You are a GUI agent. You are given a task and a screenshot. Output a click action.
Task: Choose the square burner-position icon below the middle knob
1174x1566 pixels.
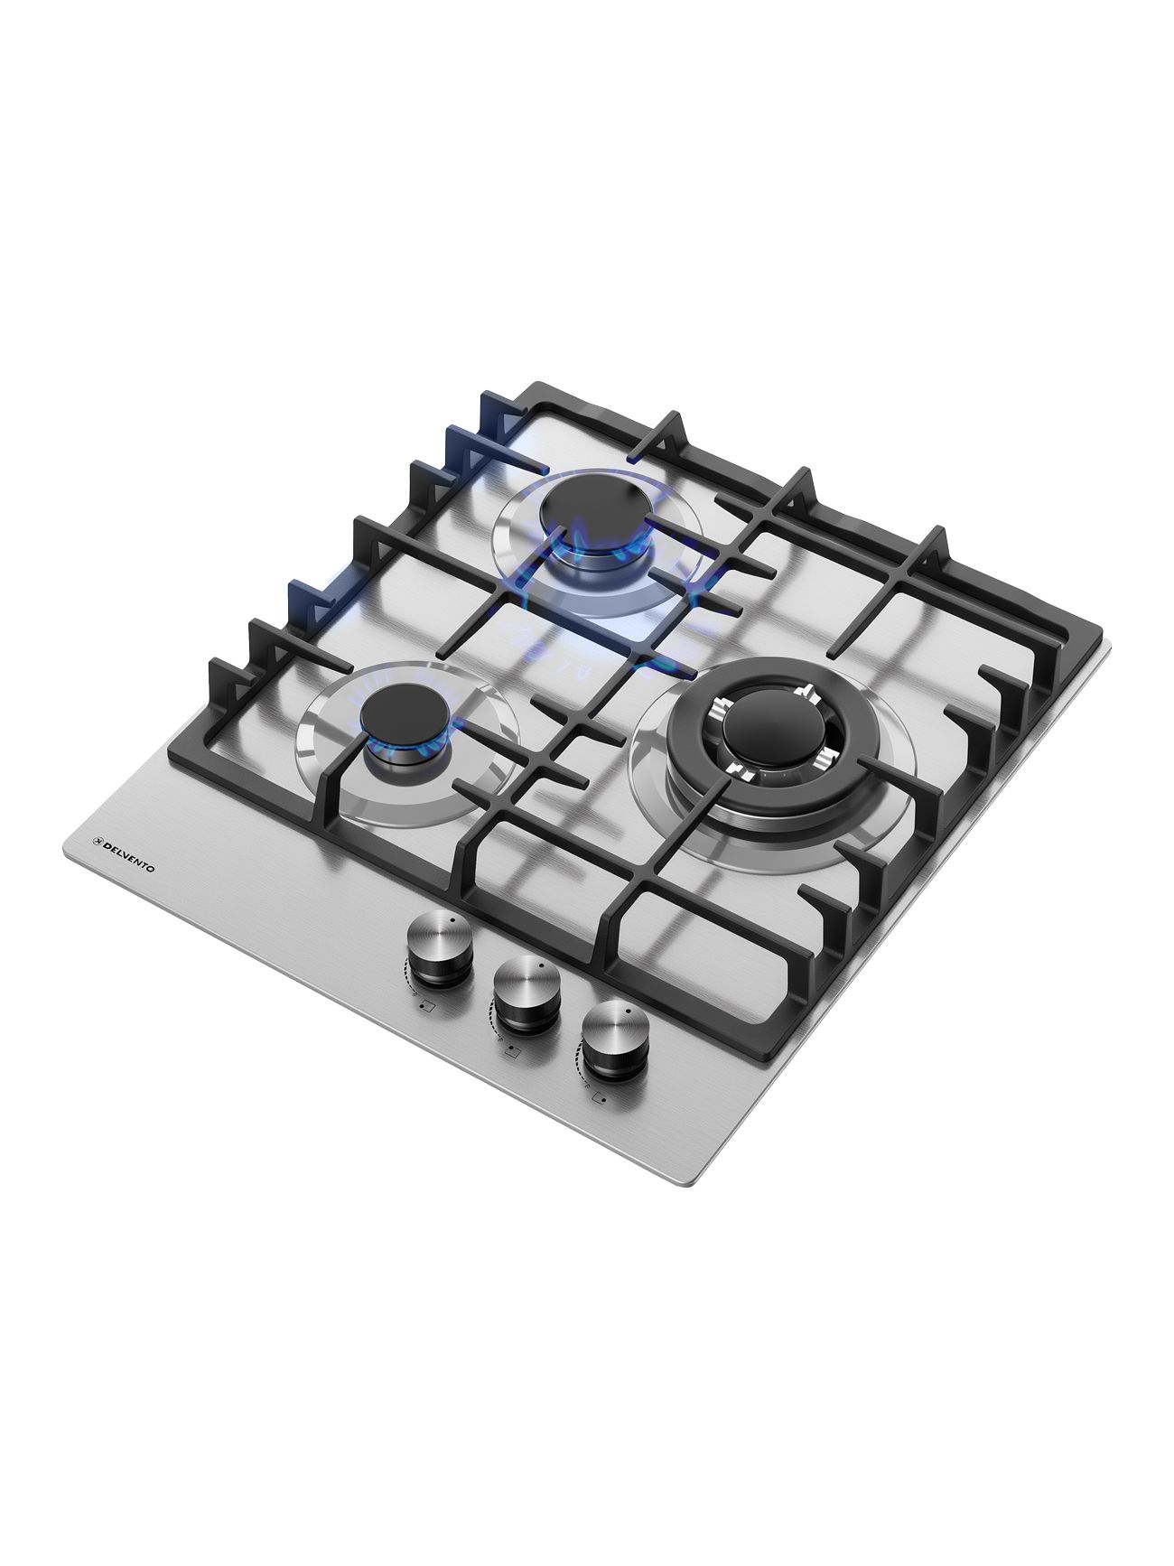point(511,1051)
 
